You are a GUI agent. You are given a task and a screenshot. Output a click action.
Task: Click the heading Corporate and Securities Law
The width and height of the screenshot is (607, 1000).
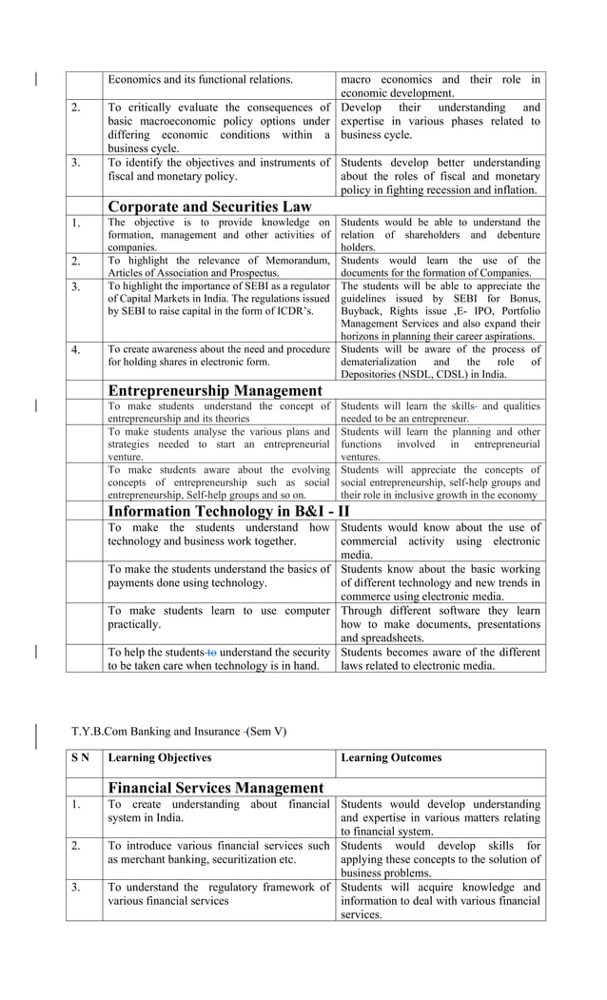[209, 206]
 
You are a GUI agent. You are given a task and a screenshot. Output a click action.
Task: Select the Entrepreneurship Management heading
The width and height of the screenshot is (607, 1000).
[215, 390]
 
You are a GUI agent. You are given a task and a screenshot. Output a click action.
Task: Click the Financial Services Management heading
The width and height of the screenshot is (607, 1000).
[216, 788]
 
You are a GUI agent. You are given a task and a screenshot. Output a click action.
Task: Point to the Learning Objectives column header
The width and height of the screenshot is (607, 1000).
[159, 757]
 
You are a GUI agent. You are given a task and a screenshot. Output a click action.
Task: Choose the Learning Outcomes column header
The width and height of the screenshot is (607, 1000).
[391, 757]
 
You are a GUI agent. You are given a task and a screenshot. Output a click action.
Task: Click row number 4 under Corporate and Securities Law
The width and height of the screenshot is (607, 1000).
[75, 349]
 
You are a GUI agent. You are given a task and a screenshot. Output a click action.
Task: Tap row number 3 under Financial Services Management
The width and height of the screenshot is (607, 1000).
[75, 887]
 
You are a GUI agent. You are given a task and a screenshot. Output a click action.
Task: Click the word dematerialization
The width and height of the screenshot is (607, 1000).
[381, 362]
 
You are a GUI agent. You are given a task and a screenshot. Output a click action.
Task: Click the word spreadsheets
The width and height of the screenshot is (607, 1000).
[389, 637]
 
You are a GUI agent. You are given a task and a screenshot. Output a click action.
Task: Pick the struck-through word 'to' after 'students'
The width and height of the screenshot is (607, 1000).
[212, 652]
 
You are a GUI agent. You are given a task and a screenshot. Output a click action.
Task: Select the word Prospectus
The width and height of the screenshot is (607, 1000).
[249, 272]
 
